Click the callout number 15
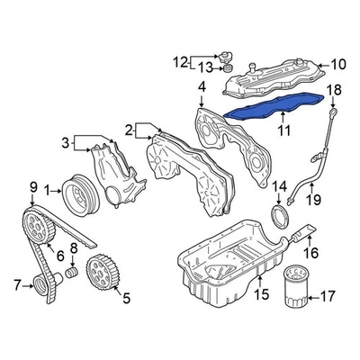[261, 292]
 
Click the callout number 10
[338, 64]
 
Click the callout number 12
[180, 61]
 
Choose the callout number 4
[202, 87]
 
